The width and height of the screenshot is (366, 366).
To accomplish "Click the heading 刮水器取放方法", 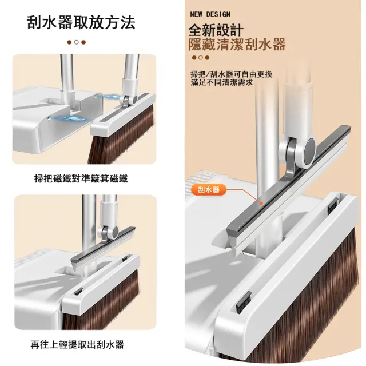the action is [81, 23].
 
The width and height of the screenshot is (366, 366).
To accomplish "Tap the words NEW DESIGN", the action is [210, 14].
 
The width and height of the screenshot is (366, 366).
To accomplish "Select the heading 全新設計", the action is [216, 30].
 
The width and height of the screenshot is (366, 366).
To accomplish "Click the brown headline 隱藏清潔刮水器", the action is [237, 45].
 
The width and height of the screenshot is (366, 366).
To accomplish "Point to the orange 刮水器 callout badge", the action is [209, 189].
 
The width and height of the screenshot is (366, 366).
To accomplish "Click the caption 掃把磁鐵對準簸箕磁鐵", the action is [81, 178].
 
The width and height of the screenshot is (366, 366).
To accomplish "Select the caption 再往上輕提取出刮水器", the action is [77, 344].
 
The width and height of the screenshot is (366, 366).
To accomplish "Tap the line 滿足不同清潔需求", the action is [222, 82].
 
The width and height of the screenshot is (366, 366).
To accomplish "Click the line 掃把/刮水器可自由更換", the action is [231, 74].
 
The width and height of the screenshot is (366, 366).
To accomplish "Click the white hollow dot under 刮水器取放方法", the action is [76, 42].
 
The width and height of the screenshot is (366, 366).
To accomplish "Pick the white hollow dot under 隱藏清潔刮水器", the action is [201, 58].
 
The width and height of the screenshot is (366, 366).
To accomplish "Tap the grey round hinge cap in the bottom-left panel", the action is [115, 232].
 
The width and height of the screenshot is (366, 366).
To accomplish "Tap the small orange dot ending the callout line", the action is [261, 204].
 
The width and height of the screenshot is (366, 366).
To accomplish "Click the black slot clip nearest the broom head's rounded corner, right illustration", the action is [244, 303].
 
